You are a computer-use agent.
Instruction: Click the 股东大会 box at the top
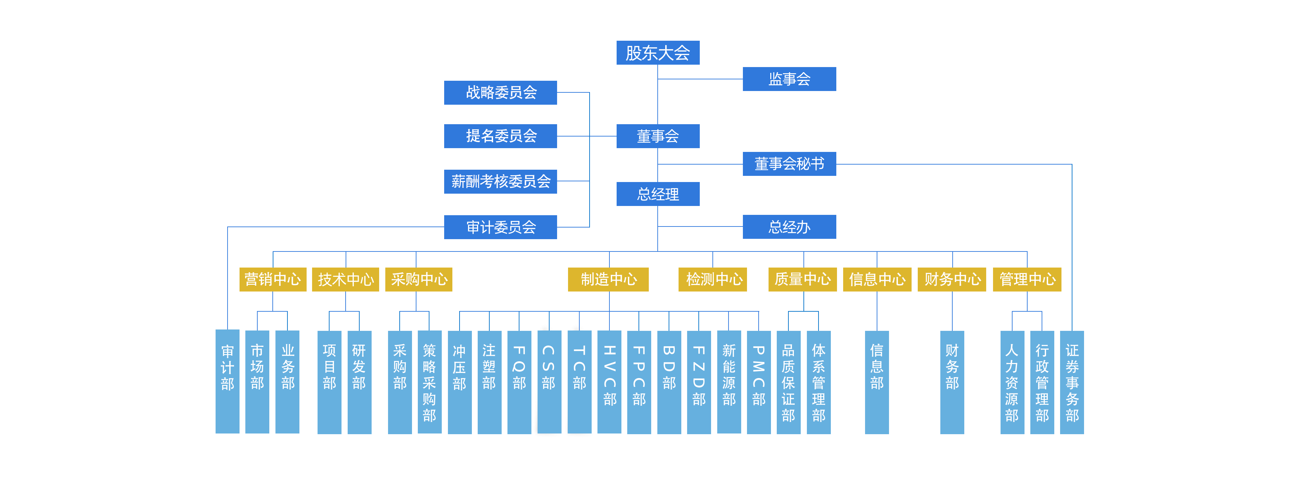tap(657, 53)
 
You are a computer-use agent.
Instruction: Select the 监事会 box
tap(789, 79)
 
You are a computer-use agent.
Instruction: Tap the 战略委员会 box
tap(501, 92)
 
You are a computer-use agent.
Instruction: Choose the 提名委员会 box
tap(501, 136)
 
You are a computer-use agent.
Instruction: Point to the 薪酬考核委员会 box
tap(501, 181)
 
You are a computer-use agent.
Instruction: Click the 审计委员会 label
tap(501, 226)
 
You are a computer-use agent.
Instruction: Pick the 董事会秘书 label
tap(789, 164)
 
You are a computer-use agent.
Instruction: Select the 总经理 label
tap(657, 194)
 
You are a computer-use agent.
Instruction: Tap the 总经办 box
tap(789, 227)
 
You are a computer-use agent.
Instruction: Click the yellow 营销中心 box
tap(272, 279)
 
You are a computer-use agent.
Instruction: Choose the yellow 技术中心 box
tap(345, 279)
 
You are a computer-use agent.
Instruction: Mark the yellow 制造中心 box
tap(608, 279)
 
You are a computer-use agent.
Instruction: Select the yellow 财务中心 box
tap(952, 279)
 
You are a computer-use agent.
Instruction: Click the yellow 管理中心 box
tap(1027, 279)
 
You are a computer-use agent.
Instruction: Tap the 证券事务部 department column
tap(1072, 383)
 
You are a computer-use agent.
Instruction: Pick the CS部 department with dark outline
tap(548, 380)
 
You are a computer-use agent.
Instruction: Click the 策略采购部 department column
tap(429, 383)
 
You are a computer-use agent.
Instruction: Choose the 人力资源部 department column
tap(1012, 383)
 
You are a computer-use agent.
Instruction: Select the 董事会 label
tap(657, 136)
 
